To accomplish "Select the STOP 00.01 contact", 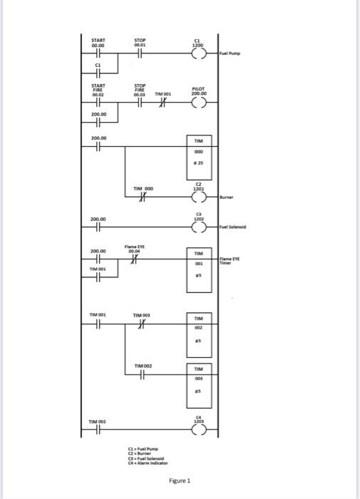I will tap(140, 53).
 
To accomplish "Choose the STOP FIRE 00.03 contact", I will tap(140, 103).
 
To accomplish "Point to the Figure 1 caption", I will tap(179, 480).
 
